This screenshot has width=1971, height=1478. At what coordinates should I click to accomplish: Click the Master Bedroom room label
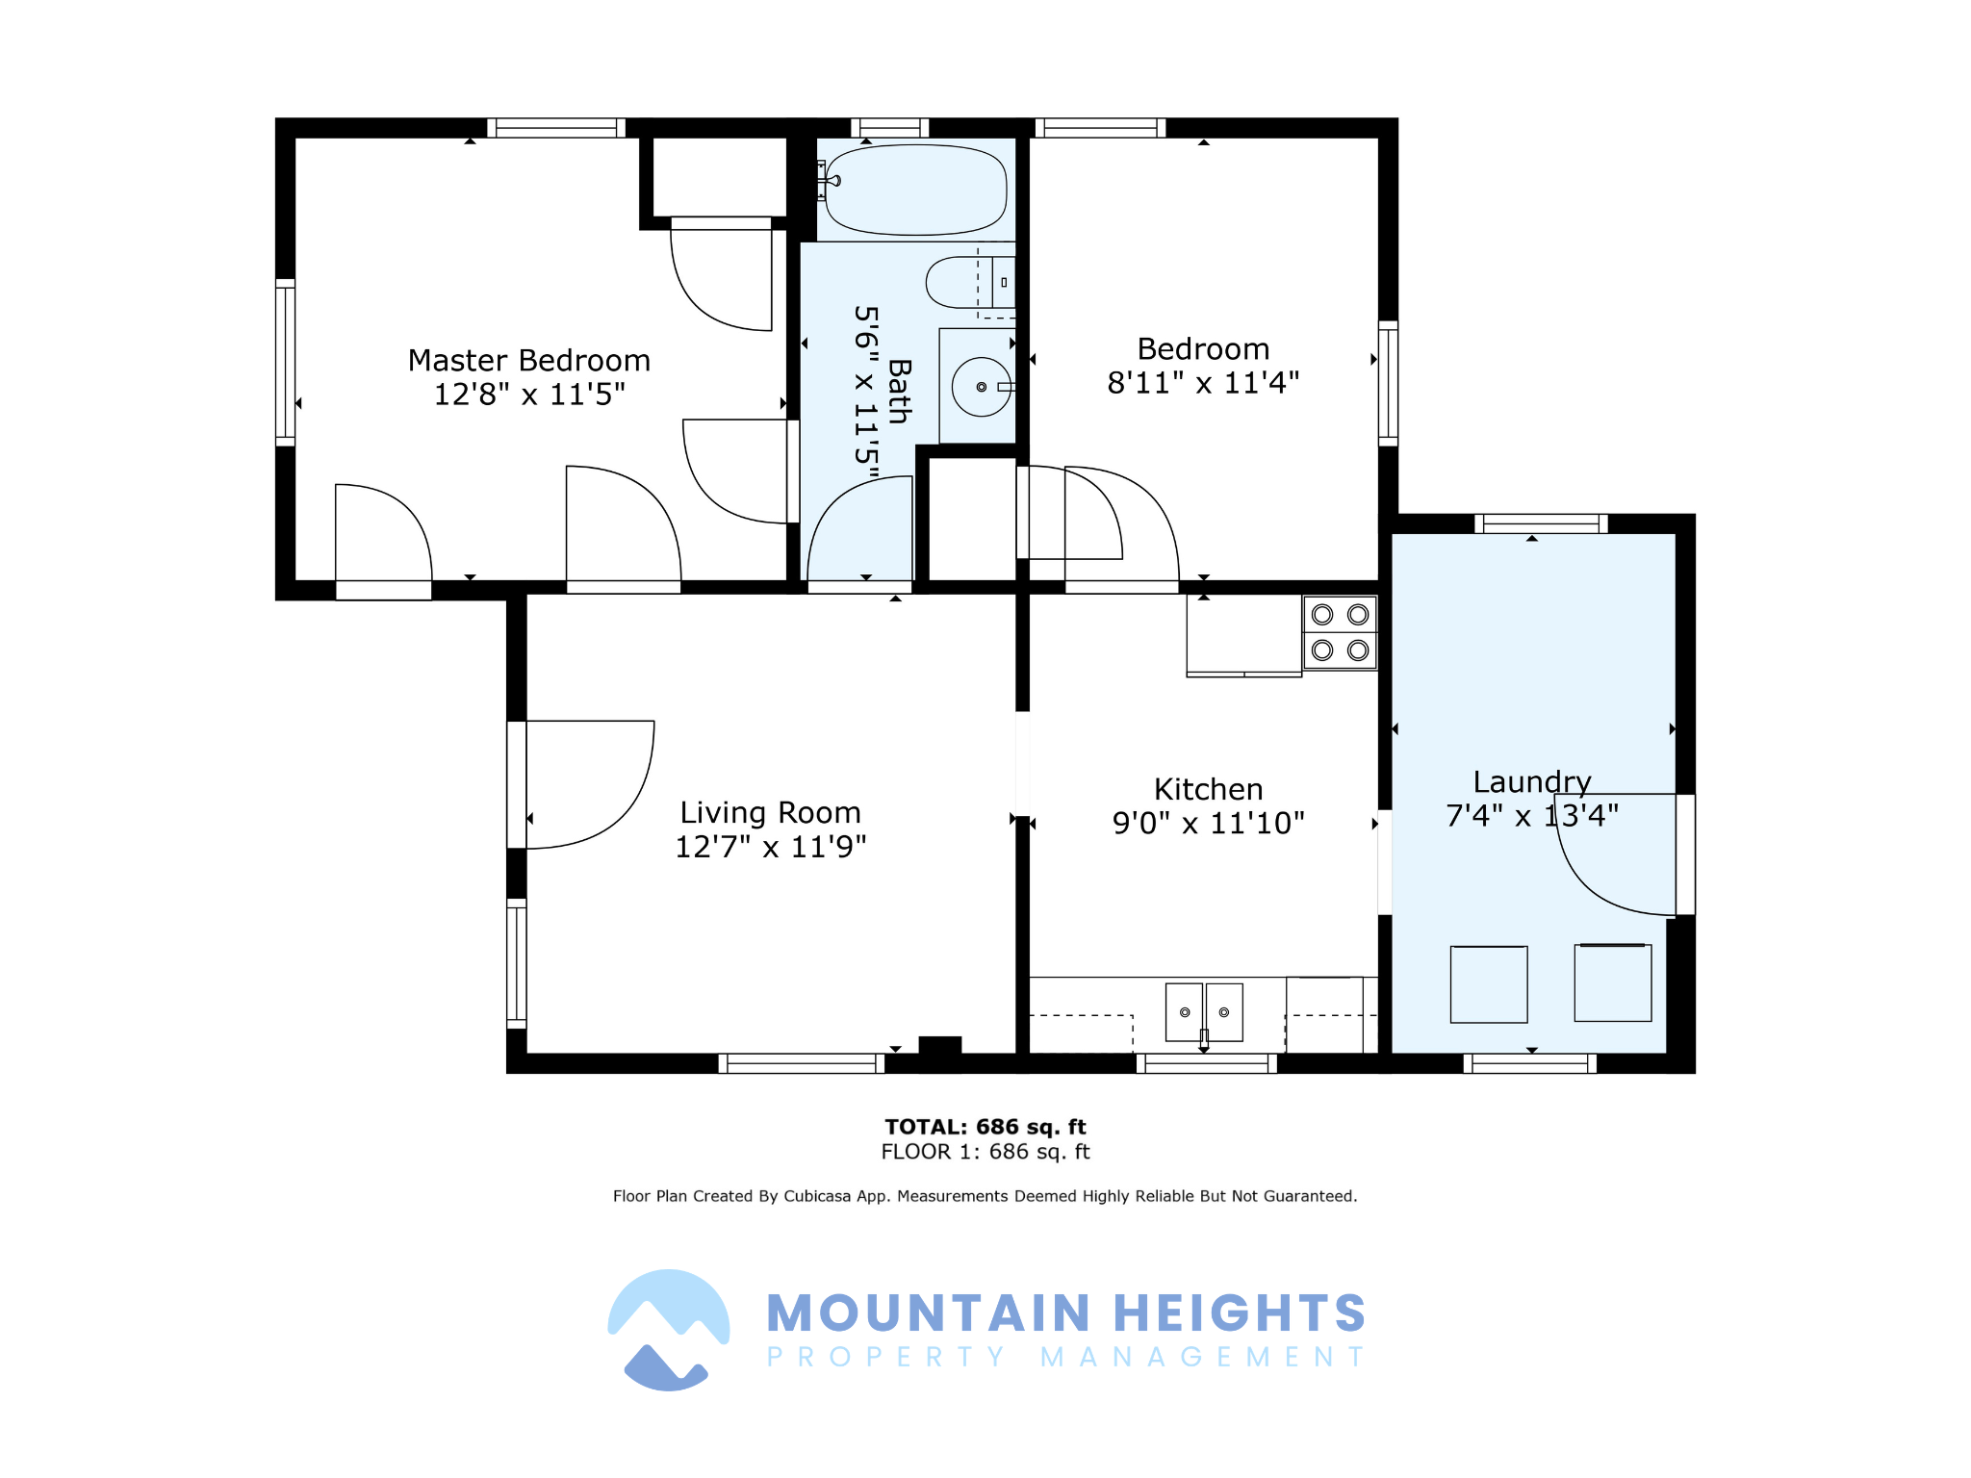(x=529, y=361)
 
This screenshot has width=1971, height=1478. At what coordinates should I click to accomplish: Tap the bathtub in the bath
(x=915, y=190)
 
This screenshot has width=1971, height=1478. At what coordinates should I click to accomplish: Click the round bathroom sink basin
(x=982, y=387)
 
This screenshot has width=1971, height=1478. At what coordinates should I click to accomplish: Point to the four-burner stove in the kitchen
(x=1340, y=632)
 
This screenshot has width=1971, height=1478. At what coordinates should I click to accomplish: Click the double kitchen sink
(x=1204, y=1012)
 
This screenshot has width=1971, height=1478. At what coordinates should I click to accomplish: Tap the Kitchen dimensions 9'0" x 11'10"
(x=1209, y=824)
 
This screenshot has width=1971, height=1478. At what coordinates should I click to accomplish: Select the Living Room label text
(x=770, y=813)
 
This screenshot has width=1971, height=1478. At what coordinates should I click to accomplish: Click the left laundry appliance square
(x=1489, y=984)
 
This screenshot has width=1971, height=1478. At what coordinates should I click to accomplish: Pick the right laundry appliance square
(x=1613, y=982)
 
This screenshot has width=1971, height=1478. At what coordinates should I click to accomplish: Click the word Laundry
(x=1532, y=782)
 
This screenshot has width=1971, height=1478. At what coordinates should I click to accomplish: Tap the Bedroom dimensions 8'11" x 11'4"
(x=1203, y=383)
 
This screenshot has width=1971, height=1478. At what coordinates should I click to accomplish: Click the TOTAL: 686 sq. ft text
(x=985, y=1127)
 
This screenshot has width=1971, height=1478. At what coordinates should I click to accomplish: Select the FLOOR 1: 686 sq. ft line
(x=985, y=1152)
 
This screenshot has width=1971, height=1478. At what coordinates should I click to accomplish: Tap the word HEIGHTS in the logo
(x=1240, y=1313)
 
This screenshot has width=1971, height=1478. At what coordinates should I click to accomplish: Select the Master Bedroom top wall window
(x=556, y=128)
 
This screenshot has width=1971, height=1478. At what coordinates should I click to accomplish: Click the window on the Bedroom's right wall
(x=1388, y=383)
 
